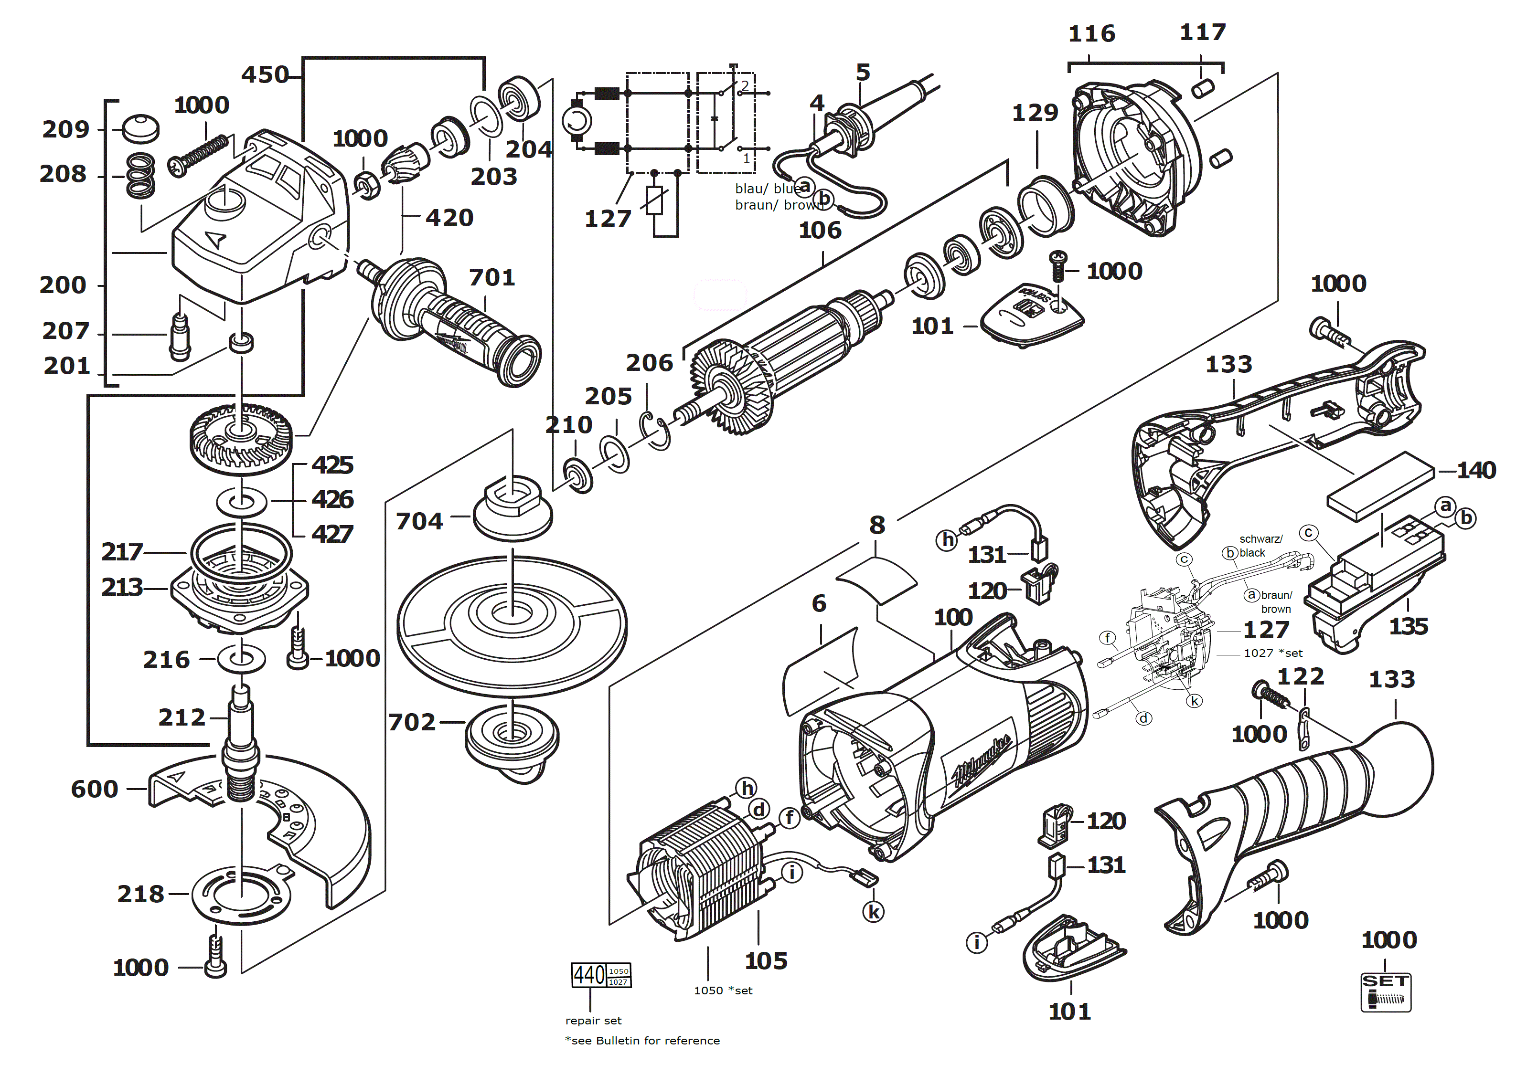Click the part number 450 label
pos(265,74)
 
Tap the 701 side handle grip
pos(466,326)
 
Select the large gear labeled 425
pos(241,439)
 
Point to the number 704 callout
pos(419,521)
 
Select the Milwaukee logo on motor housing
pos(983,761)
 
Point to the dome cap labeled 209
pos(141,128)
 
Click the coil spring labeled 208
pos(140,176)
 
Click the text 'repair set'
pos(593,1021)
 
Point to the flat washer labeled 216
pos(241,659)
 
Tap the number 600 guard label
pos(95,789)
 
